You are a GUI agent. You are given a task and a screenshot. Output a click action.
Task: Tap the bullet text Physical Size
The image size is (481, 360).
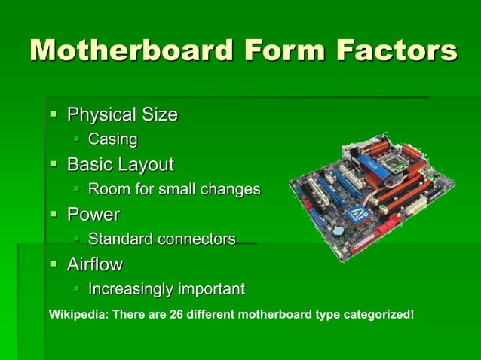(122, 115)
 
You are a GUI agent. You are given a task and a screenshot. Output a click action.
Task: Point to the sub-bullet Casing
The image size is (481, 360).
(113, 139)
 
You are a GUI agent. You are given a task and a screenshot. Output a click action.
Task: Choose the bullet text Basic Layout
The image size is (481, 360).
(121, 164)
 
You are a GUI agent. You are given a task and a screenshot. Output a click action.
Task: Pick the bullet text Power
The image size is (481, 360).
(93, 215)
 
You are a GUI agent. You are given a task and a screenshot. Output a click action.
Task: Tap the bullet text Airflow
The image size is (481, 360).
(95, 265)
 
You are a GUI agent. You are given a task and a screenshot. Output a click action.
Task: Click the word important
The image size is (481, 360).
(211, 289)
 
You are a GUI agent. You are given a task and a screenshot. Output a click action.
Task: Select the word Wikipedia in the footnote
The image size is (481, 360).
(77, 313)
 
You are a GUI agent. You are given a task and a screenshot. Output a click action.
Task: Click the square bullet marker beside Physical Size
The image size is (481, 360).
(54, 115)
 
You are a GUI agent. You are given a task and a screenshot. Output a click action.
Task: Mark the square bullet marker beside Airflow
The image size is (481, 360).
(54, 265)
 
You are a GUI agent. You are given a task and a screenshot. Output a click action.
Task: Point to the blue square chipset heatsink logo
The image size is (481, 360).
(356, 214)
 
